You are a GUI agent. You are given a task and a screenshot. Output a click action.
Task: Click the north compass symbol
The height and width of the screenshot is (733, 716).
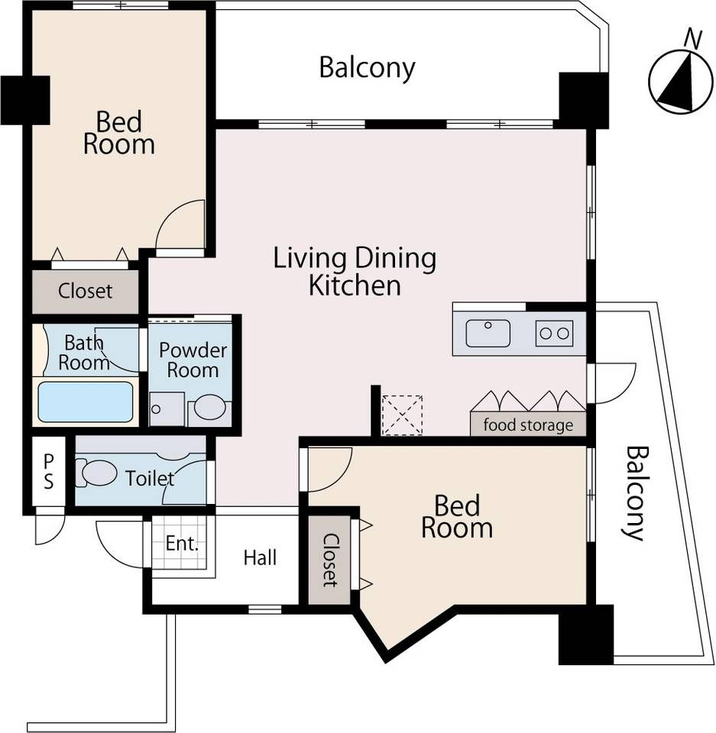pyautogui.click(x=677, y=81)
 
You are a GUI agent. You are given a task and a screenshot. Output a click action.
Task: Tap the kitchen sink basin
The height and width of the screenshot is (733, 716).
pyautogui.click(x=488, y=334)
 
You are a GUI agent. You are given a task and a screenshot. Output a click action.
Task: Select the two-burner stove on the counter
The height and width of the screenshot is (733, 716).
pyautogui.click(x=554, y=334)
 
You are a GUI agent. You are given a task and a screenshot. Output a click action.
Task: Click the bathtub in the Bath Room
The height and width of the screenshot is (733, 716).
pyautogui.click(x=85, y=402)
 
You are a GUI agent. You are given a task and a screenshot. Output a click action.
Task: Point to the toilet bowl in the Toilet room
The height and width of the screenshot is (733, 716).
pyautogui.click(x=96, y=473)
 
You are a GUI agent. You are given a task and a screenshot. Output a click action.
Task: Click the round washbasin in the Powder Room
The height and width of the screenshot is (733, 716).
pyautogui.click(x=210, y=407)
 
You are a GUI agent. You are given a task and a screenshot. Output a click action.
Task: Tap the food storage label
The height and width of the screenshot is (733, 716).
pyautogui.click(x=528, y=425)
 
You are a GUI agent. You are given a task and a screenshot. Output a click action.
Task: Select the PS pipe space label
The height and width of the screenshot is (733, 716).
pyautogui.click(x=49, y=472)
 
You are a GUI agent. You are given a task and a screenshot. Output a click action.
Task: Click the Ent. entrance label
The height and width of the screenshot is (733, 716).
pyautogui.click(x=183, y=543)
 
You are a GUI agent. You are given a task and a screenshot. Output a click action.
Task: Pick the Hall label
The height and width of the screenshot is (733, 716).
pyautogui.click(x=261, y=557)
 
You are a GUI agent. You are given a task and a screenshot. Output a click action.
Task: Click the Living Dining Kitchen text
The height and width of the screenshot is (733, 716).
pyautogui.click(x=355, y=271)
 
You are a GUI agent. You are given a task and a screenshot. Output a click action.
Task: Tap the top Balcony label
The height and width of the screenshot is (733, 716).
pyautogui.click(x=367, y=68)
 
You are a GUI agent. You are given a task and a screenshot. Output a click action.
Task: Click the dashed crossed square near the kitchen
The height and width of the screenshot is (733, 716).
pyautogui.click(x=403, y=415)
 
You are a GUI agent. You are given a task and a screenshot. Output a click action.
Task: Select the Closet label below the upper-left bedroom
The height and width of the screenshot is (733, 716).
pyautogui.click(x=85, y=291)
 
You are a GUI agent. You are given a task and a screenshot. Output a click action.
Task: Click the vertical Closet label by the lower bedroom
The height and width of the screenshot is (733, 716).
pyautogui.click(x=330, y=560)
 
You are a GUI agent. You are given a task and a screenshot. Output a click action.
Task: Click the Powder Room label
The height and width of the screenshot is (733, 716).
pyautogui.click(x=193, y=360)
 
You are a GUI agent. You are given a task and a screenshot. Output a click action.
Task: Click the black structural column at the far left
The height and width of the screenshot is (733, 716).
pyautogui.click(x=25, y=100)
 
